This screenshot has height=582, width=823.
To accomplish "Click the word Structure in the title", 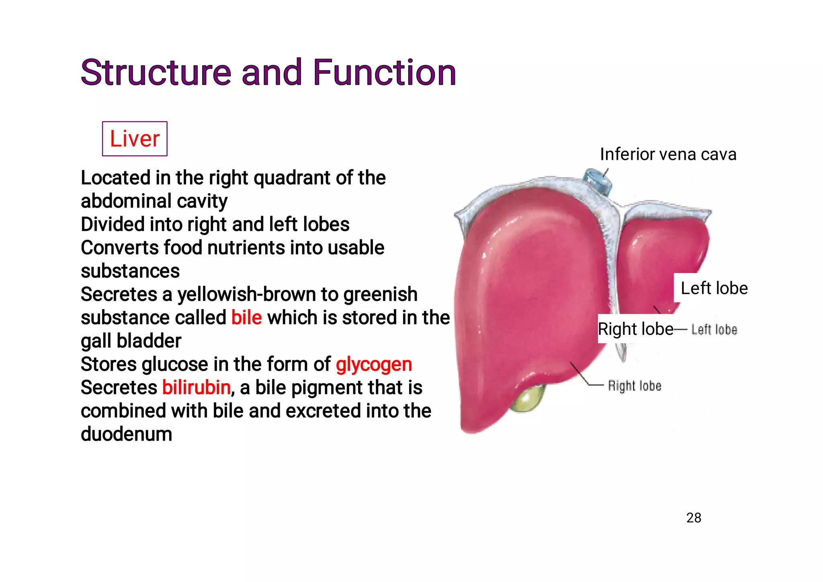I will click(x=156, y=73).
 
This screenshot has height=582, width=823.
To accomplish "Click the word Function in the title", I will click(x=384, y=73).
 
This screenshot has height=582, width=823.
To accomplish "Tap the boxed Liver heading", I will click(x=135, y=139).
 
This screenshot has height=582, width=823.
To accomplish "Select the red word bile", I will click(x=246, y=318).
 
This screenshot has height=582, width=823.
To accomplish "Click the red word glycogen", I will click(x=374, y=365).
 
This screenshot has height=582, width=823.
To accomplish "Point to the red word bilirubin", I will click(x=197, y=388).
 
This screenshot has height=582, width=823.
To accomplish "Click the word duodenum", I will click(x=126, y=434).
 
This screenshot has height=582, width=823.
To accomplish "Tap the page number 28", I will click(x=694, y=518).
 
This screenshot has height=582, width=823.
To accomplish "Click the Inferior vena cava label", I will click(x=668, y=155).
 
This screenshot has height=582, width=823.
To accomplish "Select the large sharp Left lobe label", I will click(x=714, y=288).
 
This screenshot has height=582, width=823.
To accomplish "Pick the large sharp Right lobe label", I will click(x=635, y=329).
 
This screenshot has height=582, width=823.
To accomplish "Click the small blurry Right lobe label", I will click(x=634, y=386).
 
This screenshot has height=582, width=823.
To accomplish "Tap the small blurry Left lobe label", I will click(x=714, y=330).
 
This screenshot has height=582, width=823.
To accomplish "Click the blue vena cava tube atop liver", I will click(x=598, y=180).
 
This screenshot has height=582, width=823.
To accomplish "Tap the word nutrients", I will click(x=246, y=248).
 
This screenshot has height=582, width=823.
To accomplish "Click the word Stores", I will click(x=108, y=365).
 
